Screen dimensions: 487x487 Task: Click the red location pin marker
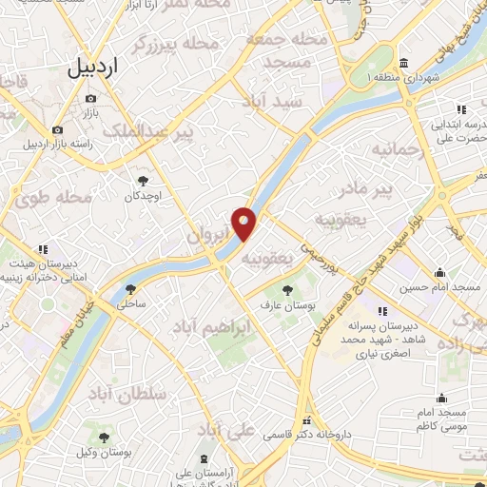pyautogui.click(x=244, y=224)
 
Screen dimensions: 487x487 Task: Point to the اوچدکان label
pyautogui.click(x=144, y=196)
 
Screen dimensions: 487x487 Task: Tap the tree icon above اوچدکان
pyautogui.click(x=144, y=180)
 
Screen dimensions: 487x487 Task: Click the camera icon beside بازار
pyautogui.click(x=58, y=129)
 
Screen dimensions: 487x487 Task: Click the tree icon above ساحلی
pyautogui.click(x=130, y=288)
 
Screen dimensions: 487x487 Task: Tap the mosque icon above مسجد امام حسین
pyautogui.click(x=439, y=272)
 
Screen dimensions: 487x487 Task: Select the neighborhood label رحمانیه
pyautogui.click(x=394, y=150)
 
